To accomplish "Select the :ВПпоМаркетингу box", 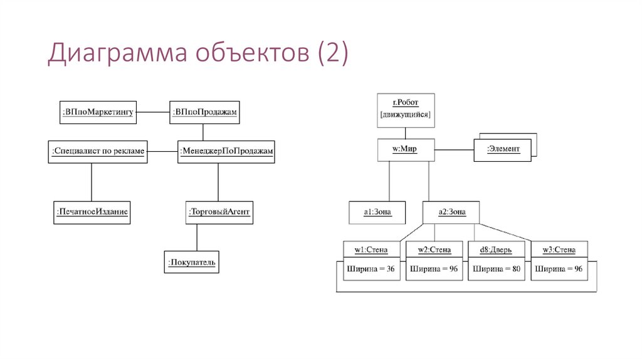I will pyautogui.click(x=98, y=112).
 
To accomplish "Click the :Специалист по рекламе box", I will pyautogui.click(x=98, y=151).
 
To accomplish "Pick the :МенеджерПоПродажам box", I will pyautogui.click(x=227, y=151).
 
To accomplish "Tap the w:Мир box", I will pyautogui.click(x=405, y=149).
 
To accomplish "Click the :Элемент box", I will pyautogui.click(x=502, y=149).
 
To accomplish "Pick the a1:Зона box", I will pyautogui.click(x=377, y=212).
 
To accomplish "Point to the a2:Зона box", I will pyautogui.click(x=451, y=212).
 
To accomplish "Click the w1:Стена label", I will pyautogui.click(x=371, y=250).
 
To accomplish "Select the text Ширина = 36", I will pyautogui.click(x=371, y=268).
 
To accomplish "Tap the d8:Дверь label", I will pyautogui.click(x=496, y=250).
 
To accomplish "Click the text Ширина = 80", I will pyautogui.click(x=496, y=268).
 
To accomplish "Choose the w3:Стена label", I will pyautogui.click(x=559, y=250).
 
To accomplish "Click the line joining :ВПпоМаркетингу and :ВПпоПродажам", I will pyautogui.click(x=154, y=112).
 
